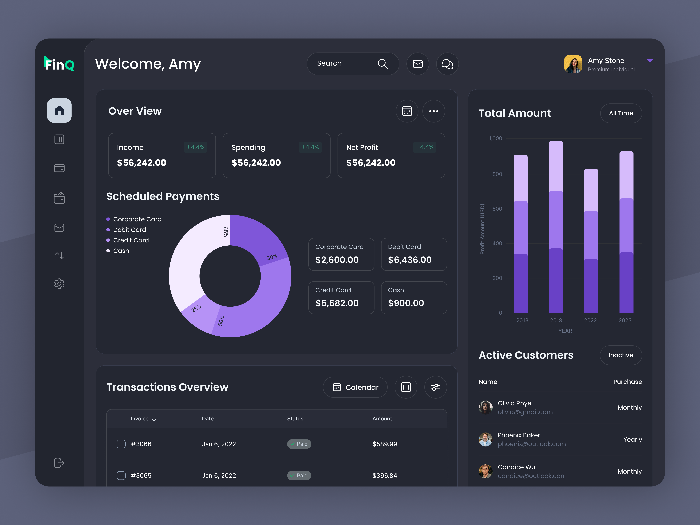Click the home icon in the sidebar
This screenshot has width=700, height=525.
click(x=59, y=110)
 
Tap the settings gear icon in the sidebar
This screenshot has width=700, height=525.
click(x=59, y=283)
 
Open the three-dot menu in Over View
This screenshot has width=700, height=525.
click(x=434, y=111)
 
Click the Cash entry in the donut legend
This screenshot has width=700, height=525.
click(x=121, y=251)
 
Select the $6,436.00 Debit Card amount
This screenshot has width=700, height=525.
click(x=410, y=260)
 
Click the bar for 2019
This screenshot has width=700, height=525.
click(x=556, y=227)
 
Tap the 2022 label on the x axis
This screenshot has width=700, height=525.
click(x=590, y=320)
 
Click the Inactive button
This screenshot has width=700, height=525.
click(x=621, y=355)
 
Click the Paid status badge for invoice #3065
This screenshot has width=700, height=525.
click(x=299, y=475)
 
